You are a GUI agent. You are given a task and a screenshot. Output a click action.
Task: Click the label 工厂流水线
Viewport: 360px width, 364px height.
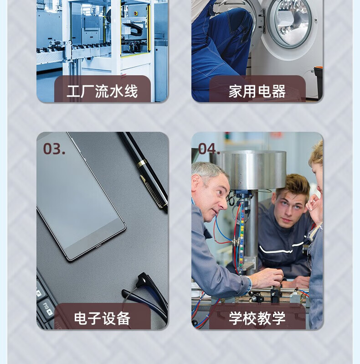click(102, 91)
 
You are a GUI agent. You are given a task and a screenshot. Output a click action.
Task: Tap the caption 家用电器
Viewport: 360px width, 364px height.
click(257, 91)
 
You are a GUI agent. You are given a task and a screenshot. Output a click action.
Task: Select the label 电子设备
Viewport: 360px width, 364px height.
click(102, 318)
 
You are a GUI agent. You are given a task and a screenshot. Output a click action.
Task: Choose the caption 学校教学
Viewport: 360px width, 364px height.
click(257, 318)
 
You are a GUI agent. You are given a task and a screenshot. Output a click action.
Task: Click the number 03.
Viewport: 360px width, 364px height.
click(54, 149)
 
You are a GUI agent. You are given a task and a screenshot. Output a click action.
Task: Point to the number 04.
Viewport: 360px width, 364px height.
click(209, 149)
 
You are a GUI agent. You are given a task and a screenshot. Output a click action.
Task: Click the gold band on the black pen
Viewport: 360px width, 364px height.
click(142, 163)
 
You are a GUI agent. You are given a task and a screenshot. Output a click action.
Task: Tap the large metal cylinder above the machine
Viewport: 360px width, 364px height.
click(253, 170)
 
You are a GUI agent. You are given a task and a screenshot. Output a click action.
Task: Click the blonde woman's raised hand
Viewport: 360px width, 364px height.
click(313, 203)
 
